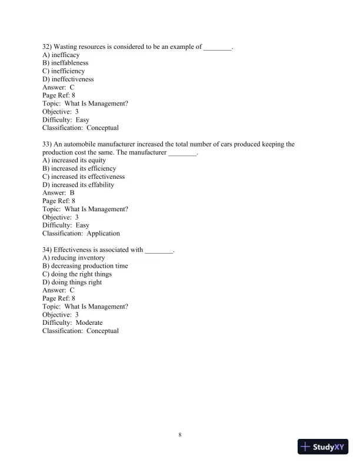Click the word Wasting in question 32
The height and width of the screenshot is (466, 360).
[x=66, y=46]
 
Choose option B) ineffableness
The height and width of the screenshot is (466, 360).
[x=65, y=63]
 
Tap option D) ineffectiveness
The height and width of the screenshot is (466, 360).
[x=68, y=79]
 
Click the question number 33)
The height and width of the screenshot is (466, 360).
[x=48, y=144]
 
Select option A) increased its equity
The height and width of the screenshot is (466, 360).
[x=74, y=161]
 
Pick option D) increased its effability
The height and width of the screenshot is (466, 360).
[x=78, y=185]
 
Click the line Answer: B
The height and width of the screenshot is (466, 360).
[x=58, y=193]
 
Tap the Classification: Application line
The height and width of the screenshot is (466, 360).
[x=81, y=234]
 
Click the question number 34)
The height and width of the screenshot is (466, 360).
[x=48, y=250]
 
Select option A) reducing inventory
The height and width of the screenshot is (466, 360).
[x=74, y=258]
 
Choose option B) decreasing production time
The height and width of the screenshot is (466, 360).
[x=85, y=266]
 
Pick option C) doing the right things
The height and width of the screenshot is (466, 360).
[x=76, y=274]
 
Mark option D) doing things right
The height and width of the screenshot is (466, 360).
[x=72, y=282]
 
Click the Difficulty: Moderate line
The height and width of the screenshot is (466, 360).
[x=72, y=323]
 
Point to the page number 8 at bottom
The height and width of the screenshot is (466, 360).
[x=180, y=434]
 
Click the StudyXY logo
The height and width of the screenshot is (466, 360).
[x=324, y=447]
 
